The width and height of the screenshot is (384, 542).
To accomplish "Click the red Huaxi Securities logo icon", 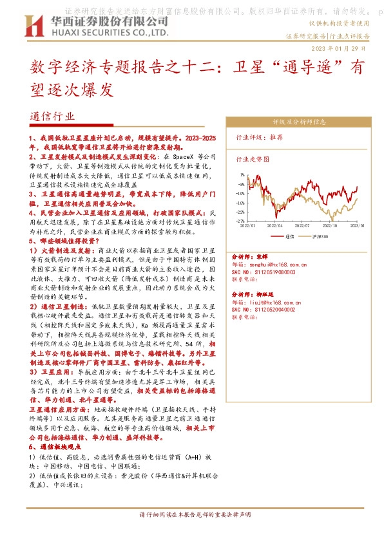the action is (x=32, y=26).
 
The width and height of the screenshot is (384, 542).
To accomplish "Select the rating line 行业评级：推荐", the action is (x=260, y=137).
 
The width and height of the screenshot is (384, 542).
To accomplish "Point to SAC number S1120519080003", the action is (x=263, y=272).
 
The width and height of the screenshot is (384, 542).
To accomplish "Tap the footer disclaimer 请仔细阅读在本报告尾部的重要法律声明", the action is (x=194, y=515).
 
